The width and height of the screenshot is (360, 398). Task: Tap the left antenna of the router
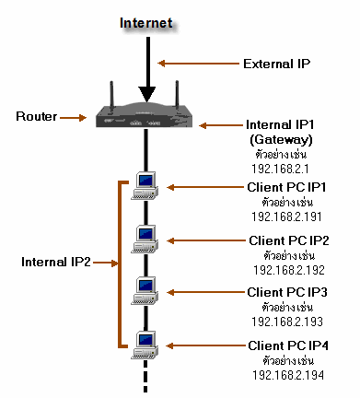point(110,95)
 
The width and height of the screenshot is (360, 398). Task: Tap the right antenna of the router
point(176,96)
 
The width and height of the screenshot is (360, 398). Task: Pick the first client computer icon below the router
point(145,184)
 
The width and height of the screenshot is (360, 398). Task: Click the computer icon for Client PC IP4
point(145,344)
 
